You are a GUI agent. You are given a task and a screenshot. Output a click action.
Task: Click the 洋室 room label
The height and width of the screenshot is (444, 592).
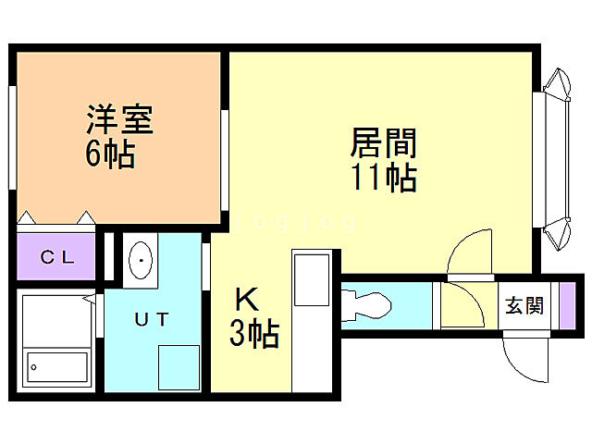[x=119, y=121]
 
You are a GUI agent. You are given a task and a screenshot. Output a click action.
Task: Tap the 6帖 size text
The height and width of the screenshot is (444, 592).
[x=110, y=154]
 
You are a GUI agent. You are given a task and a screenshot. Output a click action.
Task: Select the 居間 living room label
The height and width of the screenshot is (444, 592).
[x=383, y=143]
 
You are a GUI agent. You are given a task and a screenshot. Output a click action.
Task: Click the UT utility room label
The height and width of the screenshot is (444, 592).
[x=152, y=320]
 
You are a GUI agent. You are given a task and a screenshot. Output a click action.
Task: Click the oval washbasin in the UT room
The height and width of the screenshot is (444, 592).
[x=142, y=262]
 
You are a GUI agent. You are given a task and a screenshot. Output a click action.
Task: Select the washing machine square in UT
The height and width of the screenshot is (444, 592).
[x=178, y=366]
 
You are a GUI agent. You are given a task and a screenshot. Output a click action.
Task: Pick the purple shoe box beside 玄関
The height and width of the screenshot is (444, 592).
[x=566, y=305]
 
